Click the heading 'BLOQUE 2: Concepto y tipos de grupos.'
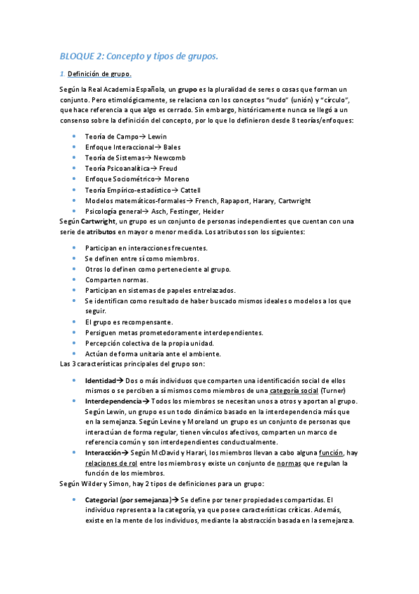[139, 56]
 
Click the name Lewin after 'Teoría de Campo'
[158, 136]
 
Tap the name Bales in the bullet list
[172, 147]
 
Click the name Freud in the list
[169, 168]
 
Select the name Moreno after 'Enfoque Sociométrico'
[176, 179]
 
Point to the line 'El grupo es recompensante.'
[129, 322]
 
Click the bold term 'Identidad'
[101, 380]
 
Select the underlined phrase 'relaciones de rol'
[112, 464]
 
